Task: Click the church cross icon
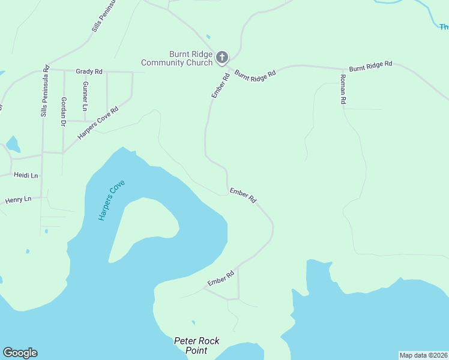[222, 57]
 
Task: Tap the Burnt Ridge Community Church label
[177, 58]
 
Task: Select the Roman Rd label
[343, 90]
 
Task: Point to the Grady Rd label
[89, 71]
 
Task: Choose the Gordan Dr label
[63, 111]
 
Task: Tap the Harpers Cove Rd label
[98, 123]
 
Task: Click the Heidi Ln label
[26, 175]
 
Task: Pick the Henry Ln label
[18, 199]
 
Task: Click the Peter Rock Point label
[196, 346]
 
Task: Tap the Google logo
[20, 353]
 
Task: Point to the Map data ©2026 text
[423, 355]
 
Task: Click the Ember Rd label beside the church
[220, 85]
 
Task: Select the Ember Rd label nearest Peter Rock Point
[220, 278]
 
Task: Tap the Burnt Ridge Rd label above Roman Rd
[370, 65]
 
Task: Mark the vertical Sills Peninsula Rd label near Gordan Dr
[44, 90]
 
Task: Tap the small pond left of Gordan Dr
[13, 144]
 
